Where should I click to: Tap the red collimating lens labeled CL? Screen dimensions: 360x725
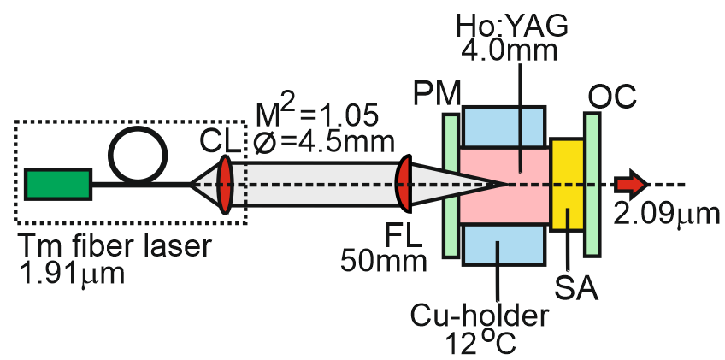pyautogui.click(x=225, y=184)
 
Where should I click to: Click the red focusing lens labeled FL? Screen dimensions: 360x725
pyautogui.click(x=404, y=184)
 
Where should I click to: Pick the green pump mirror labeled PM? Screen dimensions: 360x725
pyautogui.click(x=451, y=184)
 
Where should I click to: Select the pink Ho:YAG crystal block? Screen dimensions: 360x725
pyautogui.click(x=504, y=184)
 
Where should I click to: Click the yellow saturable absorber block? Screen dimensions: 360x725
pyautogui.click(x=565, y=184)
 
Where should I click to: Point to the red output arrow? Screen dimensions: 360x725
pyautogui.click(x=634, y=184)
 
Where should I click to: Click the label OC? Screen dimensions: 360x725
pyautogui.click(x=611, y=97)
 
